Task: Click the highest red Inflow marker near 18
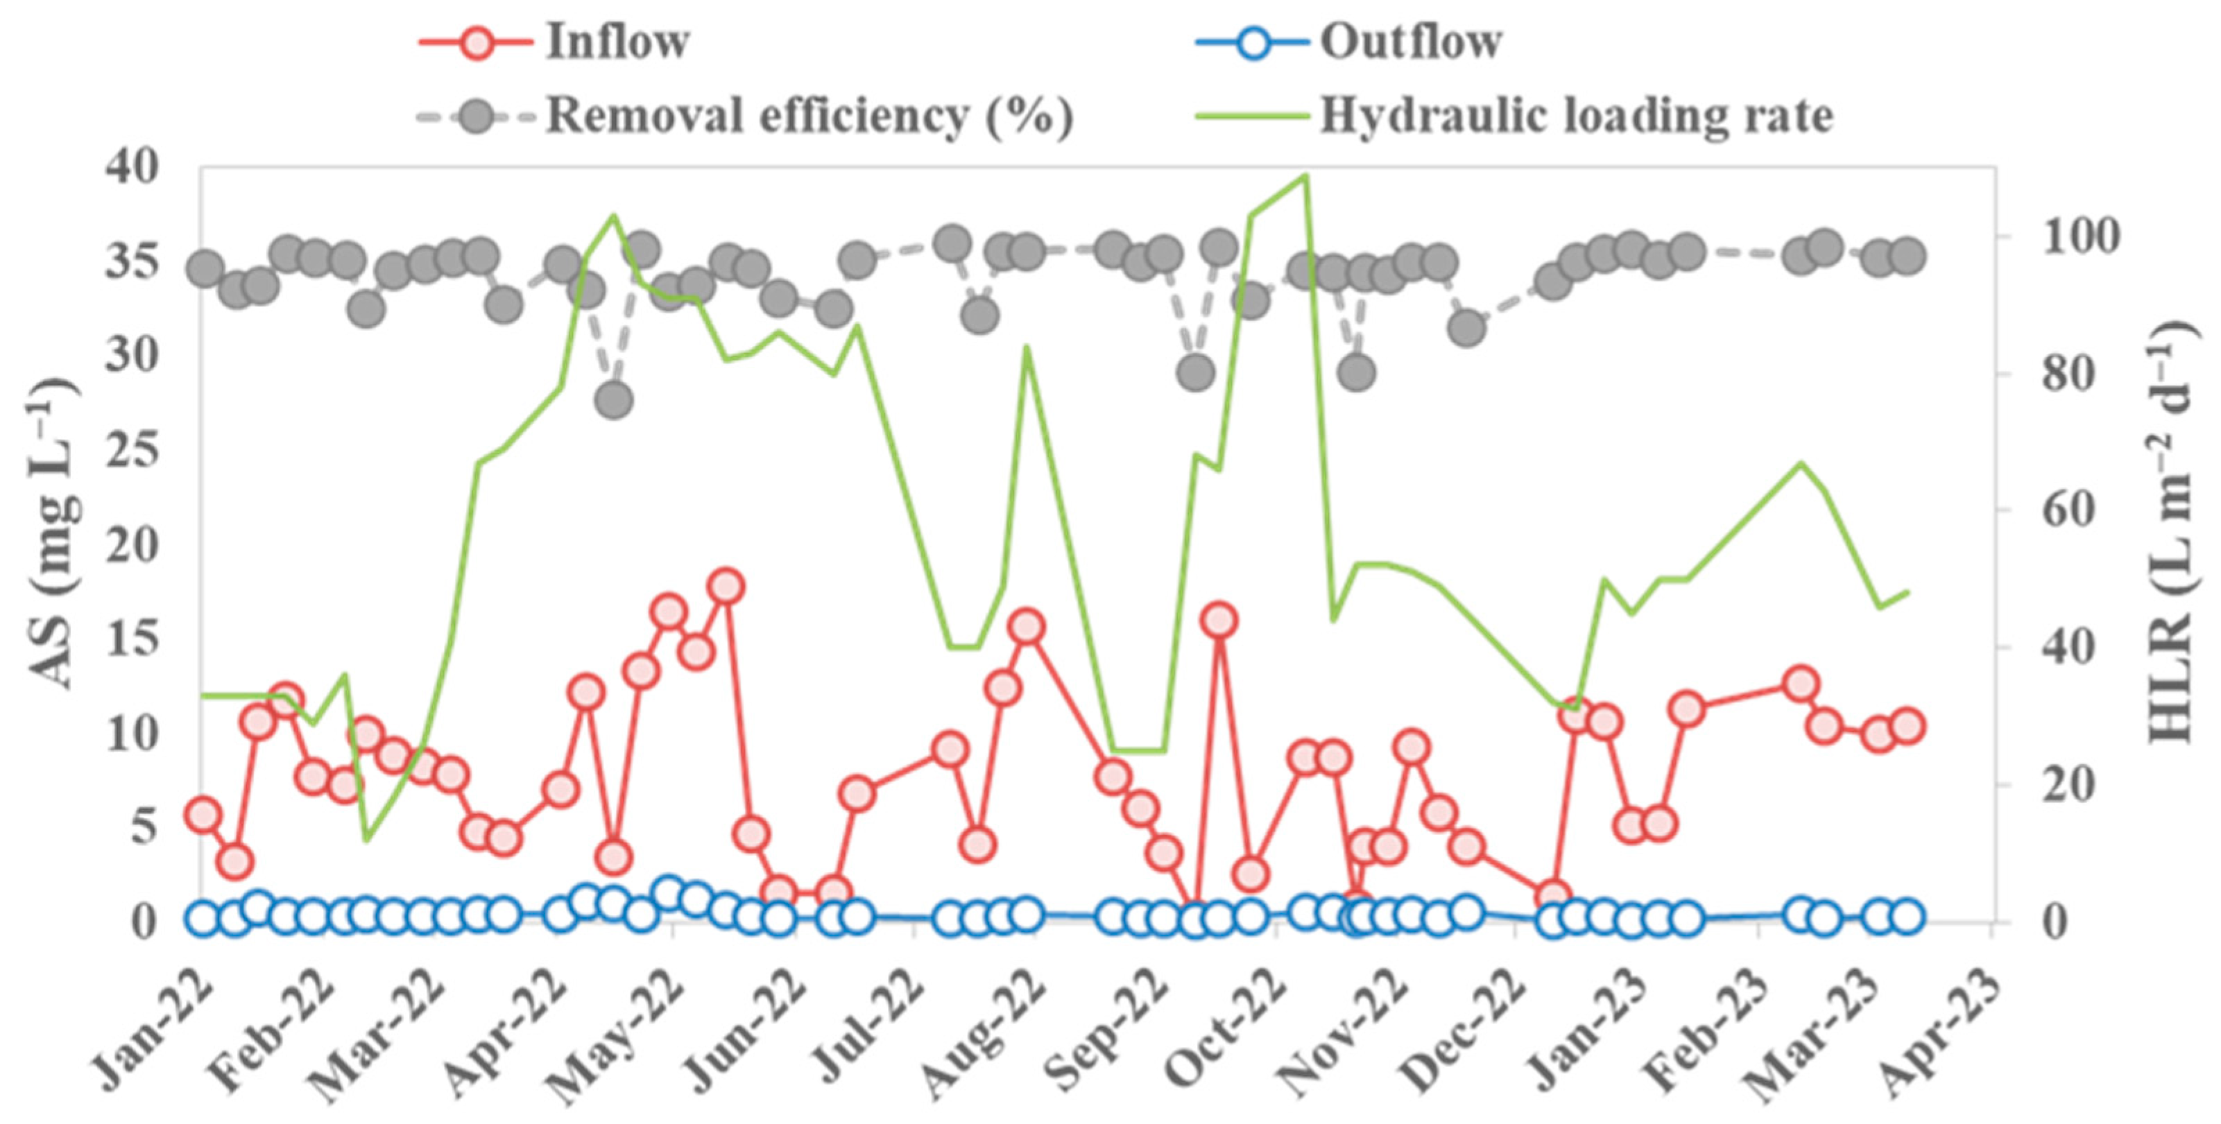[x=726, y=586]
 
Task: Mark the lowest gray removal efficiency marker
[x=614, y=400]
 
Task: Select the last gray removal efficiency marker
[x=1907, y=256]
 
